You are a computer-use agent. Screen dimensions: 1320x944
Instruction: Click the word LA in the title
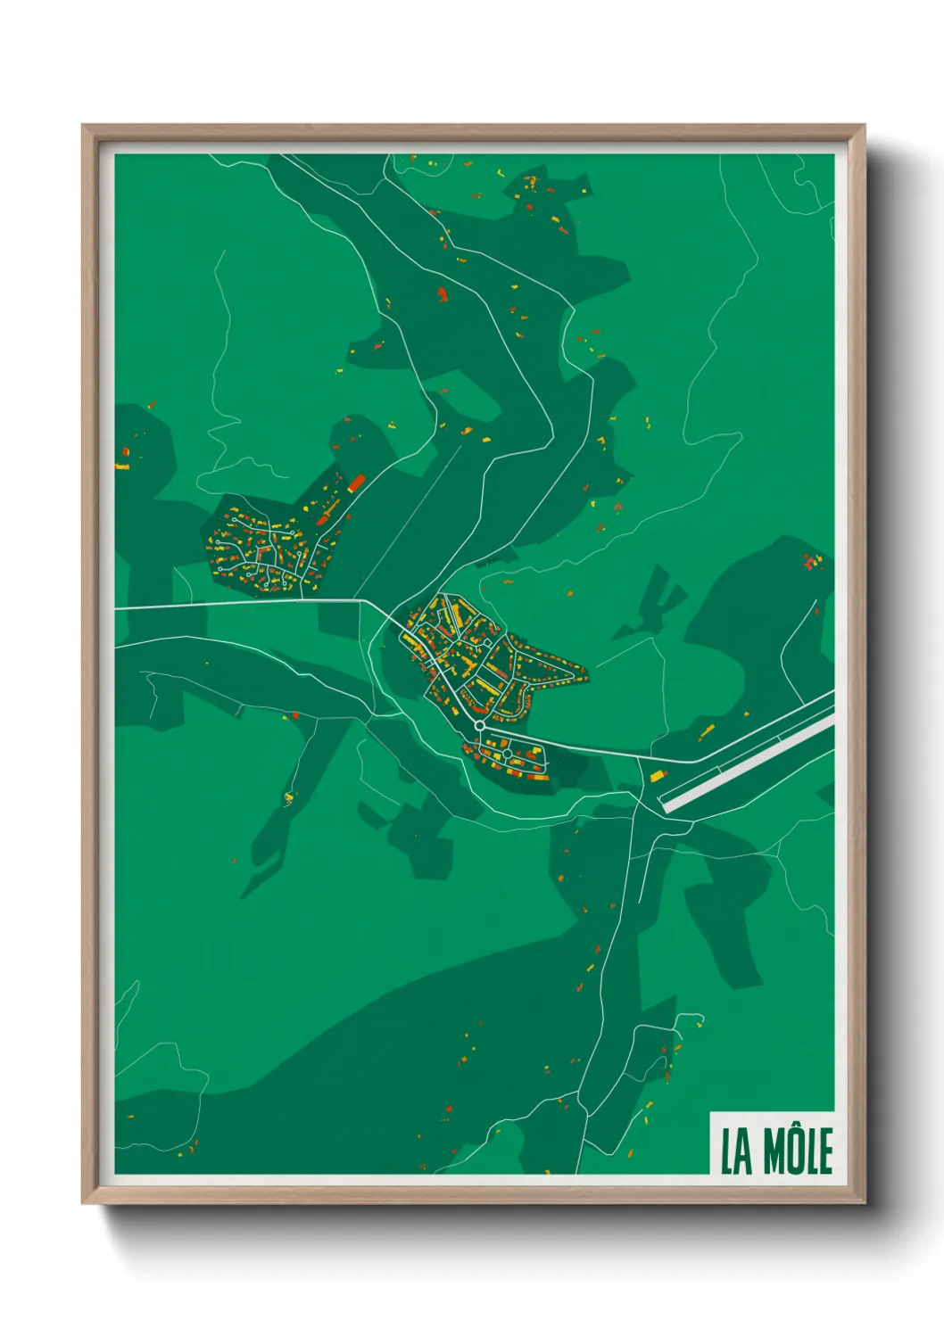(735, 1151)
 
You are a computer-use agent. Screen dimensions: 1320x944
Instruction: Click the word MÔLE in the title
(798, 1151)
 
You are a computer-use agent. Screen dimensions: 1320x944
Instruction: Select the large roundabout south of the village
(480, 726)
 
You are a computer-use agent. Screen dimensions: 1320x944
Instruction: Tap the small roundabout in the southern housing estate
(507, 755)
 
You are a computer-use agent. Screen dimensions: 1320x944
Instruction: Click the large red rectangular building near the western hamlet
(355, 484)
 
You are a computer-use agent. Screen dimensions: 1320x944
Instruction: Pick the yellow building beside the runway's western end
(658, 776)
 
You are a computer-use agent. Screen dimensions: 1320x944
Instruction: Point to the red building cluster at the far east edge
(810, 561)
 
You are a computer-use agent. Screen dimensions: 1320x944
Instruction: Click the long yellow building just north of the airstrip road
(706, 733)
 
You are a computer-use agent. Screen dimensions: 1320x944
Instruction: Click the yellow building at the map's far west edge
(122, 466)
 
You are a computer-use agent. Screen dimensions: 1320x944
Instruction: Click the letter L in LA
(726, 1151)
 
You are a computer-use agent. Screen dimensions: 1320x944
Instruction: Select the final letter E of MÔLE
(824, 1151)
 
